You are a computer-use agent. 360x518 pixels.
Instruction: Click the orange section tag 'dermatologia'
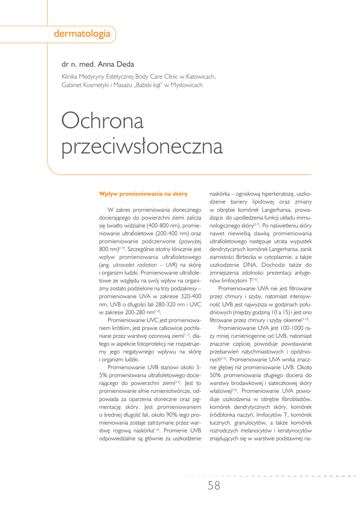pyautogui.click(x=82, y=34)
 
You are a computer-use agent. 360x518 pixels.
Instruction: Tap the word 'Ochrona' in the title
pyautogui.click(x=102, y=120)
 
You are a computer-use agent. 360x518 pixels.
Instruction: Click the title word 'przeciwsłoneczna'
pyautogui.click(x=142, y=147)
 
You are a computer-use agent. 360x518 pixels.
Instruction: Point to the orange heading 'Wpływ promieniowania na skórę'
pyautogui.click(x=143, y=193)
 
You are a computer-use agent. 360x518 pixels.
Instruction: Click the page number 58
pyautogui.click(x=214, y=486)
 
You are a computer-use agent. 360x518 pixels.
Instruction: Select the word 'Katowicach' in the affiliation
pyautogui.click(x=201, y=76)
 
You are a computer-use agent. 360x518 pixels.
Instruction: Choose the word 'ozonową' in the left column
pyautogui.click(x=163, y=334)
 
